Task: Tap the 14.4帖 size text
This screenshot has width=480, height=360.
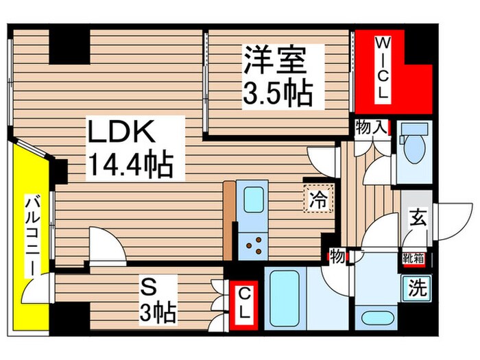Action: click(x=130, y=165)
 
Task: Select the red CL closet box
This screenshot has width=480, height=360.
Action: click(x=244, y=302)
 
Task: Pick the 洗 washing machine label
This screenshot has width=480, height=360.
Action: click(x=416, y=287)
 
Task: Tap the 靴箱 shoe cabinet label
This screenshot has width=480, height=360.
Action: click(x=413, y=259)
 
